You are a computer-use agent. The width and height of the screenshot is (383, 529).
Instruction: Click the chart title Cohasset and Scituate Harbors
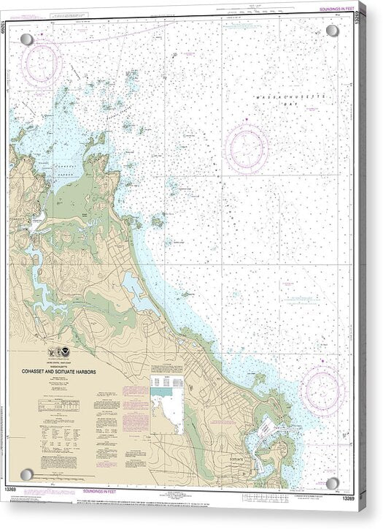[76, 369]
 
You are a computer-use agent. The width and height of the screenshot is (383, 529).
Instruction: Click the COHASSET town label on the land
[17, 218]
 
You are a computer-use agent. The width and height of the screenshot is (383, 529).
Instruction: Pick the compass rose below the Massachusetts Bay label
[247, 148]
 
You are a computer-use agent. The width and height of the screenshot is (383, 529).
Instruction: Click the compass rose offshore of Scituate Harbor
[322, 389]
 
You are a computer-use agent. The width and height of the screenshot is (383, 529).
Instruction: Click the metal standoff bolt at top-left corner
[26, 39]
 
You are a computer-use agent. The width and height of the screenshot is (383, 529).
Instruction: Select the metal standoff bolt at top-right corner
[332, 31]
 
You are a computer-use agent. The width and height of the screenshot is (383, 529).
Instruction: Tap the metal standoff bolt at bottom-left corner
[26, 475]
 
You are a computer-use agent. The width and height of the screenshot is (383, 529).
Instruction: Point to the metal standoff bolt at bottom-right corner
[333, 483]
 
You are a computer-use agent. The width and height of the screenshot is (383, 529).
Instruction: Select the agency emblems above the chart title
[60, 351]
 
